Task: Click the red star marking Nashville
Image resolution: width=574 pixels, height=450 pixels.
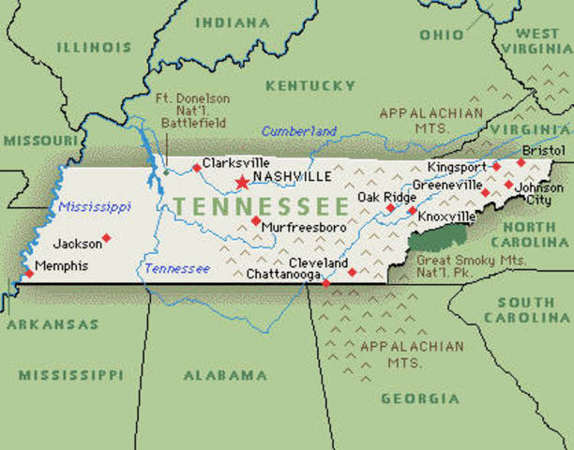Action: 242,181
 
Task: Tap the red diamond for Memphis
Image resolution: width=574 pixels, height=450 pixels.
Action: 27,274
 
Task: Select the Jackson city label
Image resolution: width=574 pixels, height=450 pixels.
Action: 77,244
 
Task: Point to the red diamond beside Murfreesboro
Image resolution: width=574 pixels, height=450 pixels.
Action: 255,220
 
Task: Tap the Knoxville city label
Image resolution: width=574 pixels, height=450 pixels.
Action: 446,217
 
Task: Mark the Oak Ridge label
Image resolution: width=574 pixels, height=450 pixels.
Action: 384,196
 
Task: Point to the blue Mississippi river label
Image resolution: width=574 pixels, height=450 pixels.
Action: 94,206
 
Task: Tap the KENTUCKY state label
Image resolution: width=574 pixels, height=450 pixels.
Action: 310,86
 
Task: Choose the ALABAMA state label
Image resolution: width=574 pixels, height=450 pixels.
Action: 225,375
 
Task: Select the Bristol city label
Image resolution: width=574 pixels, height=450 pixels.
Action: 544,150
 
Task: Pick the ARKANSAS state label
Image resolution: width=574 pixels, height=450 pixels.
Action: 52,324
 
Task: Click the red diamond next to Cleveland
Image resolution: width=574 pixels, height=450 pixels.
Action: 352,272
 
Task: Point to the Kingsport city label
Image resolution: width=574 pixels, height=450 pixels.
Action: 457,167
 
